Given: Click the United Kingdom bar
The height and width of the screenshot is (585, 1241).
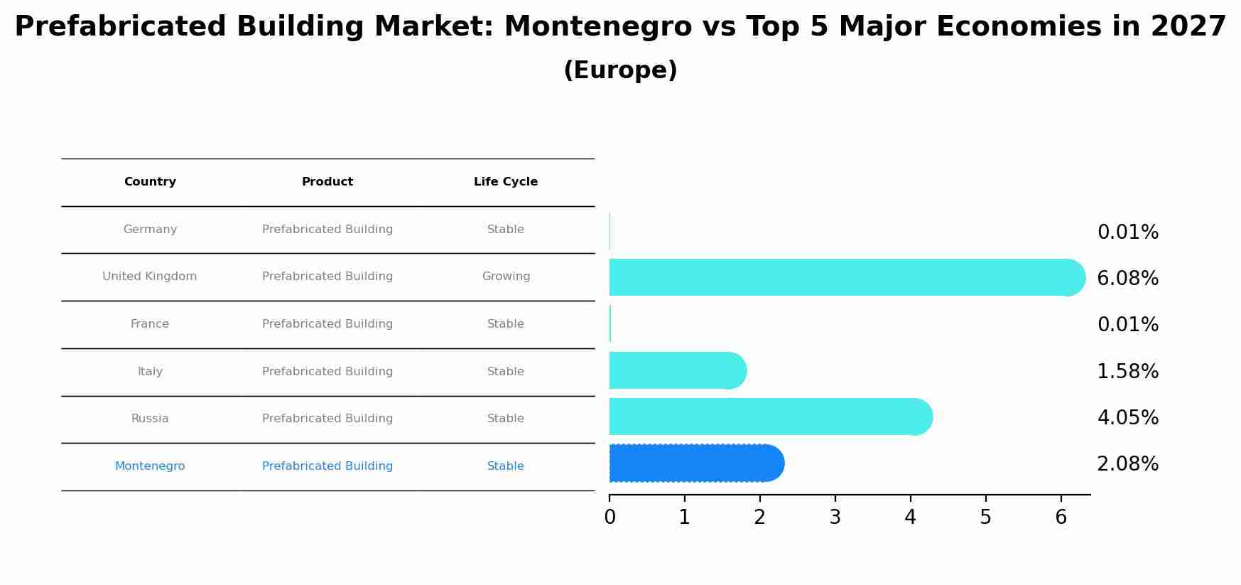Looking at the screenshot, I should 845,277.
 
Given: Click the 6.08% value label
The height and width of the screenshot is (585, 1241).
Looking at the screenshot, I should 1127,279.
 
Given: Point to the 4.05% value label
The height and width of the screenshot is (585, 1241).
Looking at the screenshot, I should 1127,418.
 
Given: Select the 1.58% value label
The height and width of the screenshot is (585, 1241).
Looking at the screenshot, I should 1127,372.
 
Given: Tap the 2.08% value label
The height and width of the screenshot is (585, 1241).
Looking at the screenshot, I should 1127,464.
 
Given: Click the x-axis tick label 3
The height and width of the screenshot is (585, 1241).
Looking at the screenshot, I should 835,517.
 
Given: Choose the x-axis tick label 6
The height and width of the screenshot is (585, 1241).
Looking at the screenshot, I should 1061,517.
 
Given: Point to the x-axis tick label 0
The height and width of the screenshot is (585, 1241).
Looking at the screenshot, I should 609,517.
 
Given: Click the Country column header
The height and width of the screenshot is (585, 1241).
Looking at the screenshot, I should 150,182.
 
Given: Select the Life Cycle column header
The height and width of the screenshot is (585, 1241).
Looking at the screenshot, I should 506,182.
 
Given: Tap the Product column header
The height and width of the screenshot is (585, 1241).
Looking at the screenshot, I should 327,182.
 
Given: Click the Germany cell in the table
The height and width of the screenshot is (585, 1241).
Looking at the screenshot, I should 150,230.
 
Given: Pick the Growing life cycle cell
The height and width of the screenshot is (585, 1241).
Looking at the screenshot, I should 506,277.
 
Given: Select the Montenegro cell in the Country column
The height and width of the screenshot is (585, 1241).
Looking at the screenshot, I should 150,466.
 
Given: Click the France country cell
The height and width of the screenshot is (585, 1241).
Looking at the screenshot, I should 150,324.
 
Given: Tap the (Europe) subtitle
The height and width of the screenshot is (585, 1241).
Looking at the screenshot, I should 620,70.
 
